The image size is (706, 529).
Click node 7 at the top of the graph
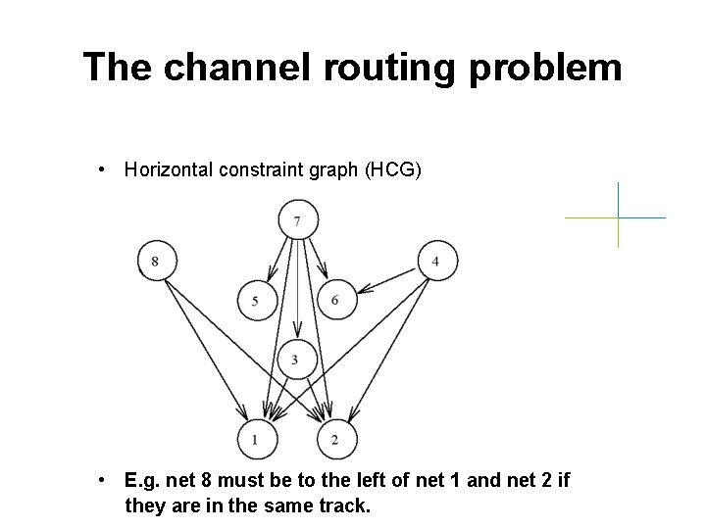point(297,218)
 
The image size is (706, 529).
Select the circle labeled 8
point(156,261)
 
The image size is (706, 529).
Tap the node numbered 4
point(436,261)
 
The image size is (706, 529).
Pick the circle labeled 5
point(256,300)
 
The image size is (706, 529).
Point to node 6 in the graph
point(336,300)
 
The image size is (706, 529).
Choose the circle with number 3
point(296,360)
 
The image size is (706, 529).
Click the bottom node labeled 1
point(256,440)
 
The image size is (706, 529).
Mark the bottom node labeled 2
point(336,440)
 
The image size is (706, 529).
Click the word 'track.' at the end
point(345,505)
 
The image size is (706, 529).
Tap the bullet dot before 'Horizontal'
point(103,170)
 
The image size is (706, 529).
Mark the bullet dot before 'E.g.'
point(103,481)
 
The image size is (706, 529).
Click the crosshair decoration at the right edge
point(618,216)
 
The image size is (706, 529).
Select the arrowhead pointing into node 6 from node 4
point(361,290)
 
